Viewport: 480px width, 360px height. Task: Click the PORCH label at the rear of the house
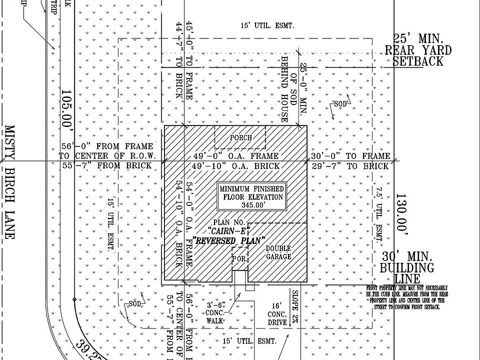point(240,137)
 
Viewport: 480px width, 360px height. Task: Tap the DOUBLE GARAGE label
point(278,252)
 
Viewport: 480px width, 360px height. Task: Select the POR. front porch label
point(239,259)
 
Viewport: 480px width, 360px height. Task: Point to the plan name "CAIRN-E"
point(227,231)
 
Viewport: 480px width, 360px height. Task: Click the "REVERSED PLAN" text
point(228,240)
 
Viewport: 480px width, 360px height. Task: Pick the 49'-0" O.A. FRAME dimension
point(236,156)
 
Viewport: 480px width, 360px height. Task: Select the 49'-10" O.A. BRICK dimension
point(236,166)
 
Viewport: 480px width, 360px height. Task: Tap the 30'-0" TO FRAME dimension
point(349,156)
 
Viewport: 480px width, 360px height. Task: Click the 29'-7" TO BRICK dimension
point(349,166)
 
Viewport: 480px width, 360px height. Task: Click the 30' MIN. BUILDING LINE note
point(407,267)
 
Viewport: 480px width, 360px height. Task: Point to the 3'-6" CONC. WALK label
point(215,312)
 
